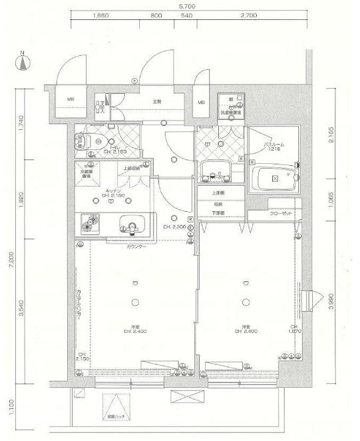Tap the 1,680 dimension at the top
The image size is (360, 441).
pos(102,14)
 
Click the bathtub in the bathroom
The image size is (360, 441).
pos(275,179)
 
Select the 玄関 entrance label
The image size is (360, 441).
pos(157,101)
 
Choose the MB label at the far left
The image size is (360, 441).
pos(69,101)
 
